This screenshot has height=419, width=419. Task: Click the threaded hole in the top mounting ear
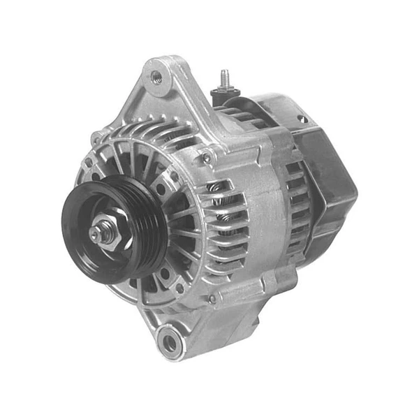tap(156, 76)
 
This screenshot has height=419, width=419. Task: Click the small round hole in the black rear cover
tap(302, 119)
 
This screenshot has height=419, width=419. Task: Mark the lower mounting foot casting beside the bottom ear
tap(203, 328)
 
